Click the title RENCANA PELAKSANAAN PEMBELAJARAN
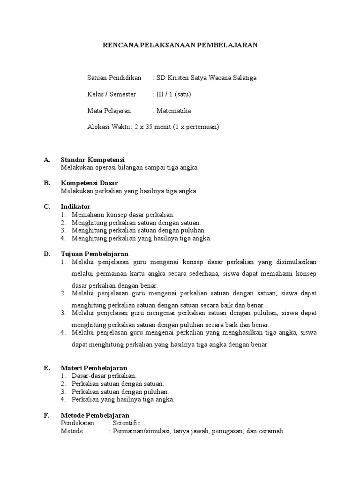click(x=180, y=45)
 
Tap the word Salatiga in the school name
click(x=245, y=78)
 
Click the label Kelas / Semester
click(x=112, y=94)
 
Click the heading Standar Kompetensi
click(x=92, y=160)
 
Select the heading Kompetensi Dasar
click(x=89, y=183)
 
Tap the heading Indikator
click(x=75, y=206)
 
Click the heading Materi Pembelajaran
click(x=94, y=368)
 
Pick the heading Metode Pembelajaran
click(x=95, y=415)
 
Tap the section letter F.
click(x=46, y=415)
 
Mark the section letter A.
click(x=46, y=160)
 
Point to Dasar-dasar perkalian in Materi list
click(x=104, y=376)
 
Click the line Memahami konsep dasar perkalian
click(x=123, y=214)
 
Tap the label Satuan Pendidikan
click(x=114, y=78)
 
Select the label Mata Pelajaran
click(x=109, y=111)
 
